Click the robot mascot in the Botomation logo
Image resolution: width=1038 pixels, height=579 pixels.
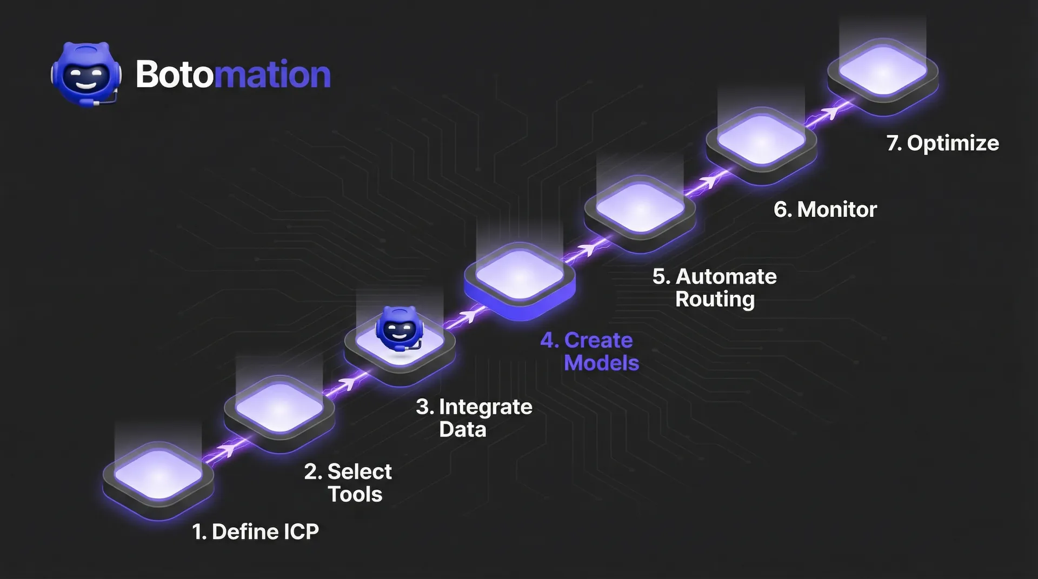tap(86, 74)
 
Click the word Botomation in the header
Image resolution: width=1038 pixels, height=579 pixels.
tap(232, 74)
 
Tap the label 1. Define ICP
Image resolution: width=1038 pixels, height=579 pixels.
tap(255, 532)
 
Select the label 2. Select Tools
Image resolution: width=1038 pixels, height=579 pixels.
tap(348, 483)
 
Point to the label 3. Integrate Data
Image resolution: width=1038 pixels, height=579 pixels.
tap(474, 418)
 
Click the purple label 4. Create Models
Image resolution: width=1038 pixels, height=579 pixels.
tap(590, 351)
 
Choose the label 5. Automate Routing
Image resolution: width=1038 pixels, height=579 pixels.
tap(715, 288)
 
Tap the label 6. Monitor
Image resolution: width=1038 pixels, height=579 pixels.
tap(825, 210)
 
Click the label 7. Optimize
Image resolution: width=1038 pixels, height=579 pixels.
tap(942, 143)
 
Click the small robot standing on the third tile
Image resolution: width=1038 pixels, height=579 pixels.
tap(398, 329)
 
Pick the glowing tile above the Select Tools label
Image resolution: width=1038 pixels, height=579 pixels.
tap(280, 409)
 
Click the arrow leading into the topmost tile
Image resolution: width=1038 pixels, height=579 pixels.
tap(829, 112)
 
